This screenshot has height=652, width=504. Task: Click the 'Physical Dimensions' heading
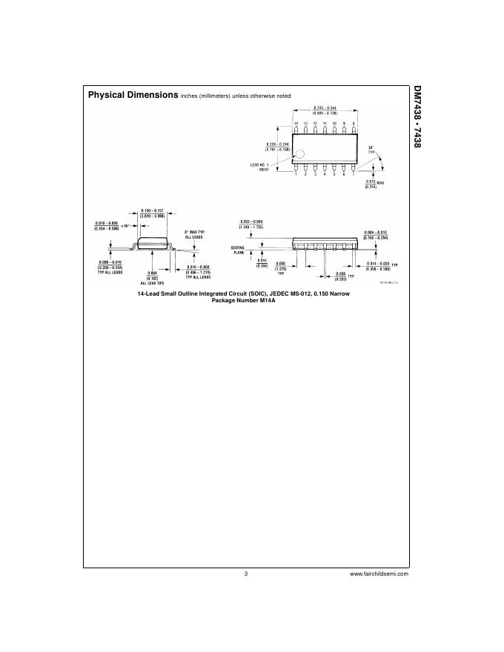coord(133,96)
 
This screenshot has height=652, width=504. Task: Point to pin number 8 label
coord(354,123)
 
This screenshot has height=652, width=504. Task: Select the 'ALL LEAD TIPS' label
coord(153,283)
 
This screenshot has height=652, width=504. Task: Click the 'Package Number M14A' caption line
coord(244,300)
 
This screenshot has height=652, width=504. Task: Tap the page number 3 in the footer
coord(245,573)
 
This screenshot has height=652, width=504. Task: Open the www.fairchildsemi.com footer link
coord(378,573)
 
